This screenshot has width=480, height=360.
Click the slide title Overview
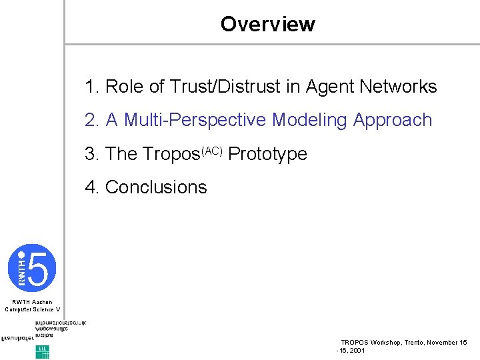pyautogui.click(x=267, y=25)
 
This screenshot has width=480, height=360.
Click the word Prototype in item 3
pyautogui.click(x=268, y=155)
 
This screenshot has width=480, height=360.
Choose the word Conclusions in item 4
pyautogui.click(x=156, y=187)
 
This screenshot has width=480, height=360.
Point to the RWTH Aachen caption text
pyautogui.click(x=32, y=302)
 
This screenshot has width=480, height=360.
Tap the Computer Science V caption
pyautogui.click(x=32, y=309)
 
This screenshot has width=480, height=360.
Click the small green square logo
pyautogui.click(x=42, y=351)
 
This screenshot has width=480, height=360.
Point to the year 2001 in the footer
pyautogui.click(x=357, y=350)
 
